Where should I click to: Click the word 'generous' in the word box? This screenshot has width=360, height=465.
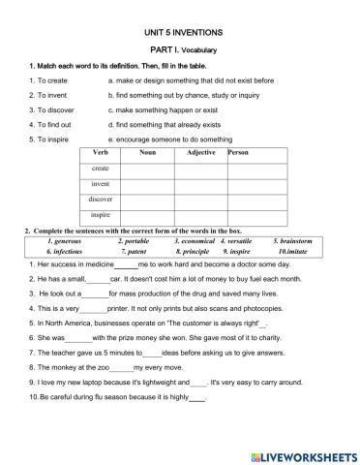pos(62,240)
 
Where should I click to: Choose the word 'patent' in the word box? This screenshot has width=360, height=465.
pos(135,250)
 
